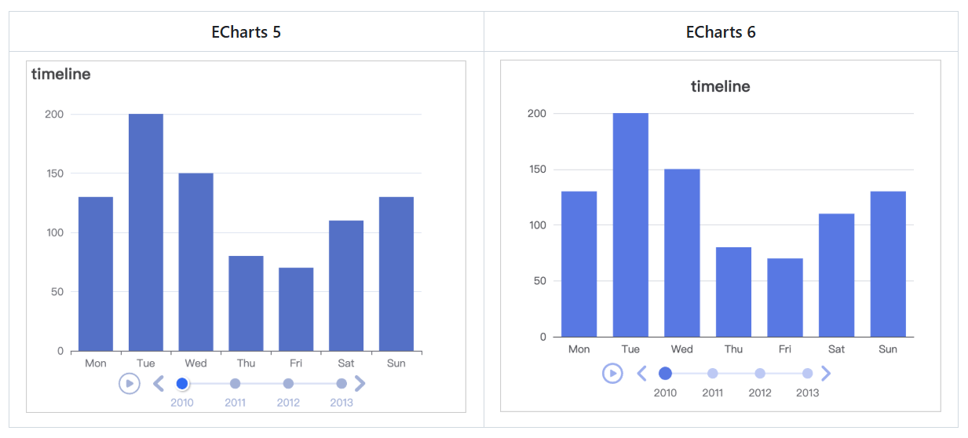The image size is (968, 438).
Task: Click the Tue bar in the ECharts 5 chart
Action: point(146,232)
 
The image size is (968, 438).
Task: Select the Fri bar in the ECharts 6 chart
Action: point(785,297)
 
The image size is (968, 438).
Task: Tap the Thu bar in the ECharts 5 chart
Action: point(246,303)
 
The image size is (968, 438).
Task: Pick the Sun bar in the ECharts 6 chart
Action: point(888,264)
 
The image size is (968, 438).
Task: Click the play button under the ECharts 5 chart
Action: point(130,383)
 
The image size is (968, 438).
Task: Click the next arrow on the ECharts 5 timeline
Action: point(360,383)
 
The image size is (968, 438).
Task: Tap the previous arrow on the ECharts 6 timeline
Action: point(641,373)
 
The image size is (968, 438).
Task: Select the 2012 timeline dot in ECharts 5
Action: point(288,383)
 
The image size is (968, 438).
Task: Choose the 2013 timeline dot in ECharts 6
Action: point(807,374)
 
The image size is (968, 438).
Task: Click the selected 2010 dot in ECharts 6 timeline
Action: point(665,374)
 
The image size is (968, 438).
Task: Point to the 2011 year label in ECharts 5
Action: point(235,403)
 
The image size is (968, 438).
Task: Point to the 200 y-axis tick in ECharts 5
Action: point(54,114)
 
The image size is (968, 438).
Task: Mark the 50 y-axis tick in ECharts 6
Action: point(538,281)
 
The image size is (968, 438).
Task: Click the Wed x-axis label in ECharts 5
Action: point(195,363)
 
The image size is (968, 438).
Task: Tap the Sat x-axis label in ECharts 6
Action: point(836,349)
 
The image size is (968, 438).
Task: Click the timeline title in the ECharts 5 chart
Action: point(61,75)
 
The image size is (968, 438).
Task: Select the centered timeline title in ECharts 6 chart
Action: point(720,86)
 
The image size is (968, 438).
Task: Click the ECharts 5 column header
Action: point(246,32)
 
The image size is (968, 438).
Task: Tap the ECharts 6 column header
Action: point(721,32)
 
